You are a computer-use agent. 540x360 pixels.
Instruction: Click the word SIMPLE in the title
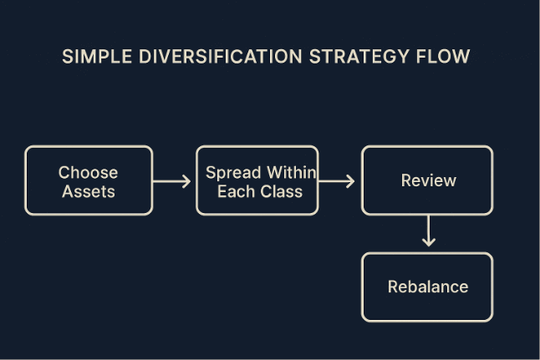pyautogui.click(x=94, y=58)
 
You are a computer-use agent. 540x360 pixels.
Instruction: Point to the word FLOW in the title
pyautogui.click(x=444, y=58)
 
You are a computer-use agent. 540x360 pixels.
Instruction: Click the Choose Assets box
pyautogui.click(x=89, y=180)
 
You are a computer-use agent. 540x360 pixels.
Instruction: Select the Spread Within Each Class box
pyautogui.click(x=257, y=180)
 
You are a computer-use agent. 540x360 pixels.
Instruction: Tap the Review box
pyautogui.click(x=427, y=180)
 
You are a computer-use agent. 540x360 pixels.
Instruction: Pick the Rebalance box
pyautogui.click(x=427, y=286)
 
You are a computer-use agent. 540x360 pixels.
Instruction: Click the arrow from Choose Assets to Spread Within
pyautogui.click(x=173, y=180)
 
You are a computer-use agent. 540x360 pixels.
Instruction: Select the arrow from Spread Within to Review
pyautogui.click(x=338, y=180)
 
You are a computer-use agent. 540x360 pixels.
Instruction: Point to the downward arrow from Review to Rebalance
pyautogui.click(x=428, y=231)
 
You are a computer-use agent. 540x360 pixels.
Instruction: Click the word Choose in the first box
pyautogui.click(x=89, y=172)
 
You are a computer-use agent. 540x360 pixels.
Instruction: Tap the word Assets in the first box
pyautogui.click(x=89, y=191)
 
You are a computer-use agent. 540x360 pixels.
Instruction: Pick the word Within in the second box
pyautogui.click(x=287, y=172)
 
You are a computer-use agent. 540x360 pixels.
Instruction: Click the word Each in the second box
pyautogui.click(x=235, y=191)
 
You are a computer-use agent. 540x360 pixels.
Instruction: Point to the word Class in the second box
pyautogui.click(x=282, y=191)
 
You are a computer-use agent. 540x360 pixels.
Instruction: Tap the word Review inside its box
pyautogui.click(x=428, y=180)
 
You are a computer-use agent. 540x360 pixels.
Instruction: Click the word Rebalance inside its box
pyautogui.click(x=428, y=286)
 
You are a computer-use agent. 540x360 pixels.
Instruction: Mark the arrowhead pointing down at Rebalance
pyautogui.click(x=428, y=243)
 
